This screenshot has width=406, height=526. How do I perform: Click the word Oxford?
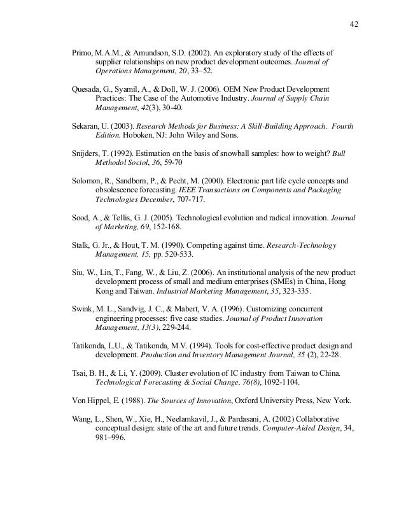tap(232, 401)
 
